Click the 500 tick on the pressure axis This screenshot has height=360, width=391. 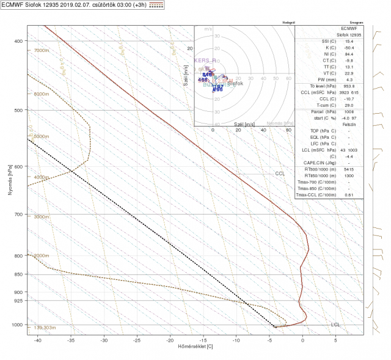point(18,110)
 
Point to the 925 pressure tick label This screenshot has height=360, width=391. point(18,301)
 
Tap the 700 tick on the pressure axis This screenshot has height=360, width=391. point(18,215)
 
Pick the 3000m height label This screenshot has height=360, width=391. point(41,217)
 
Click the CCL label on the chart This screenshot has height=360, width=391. point(280,174)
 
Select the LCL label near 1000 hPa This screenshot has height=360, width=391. point(335,324)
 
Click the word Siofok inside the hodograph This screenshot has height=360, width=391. point(235,83)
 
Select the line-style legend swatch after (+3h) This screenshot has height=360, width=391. point(173,5)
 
